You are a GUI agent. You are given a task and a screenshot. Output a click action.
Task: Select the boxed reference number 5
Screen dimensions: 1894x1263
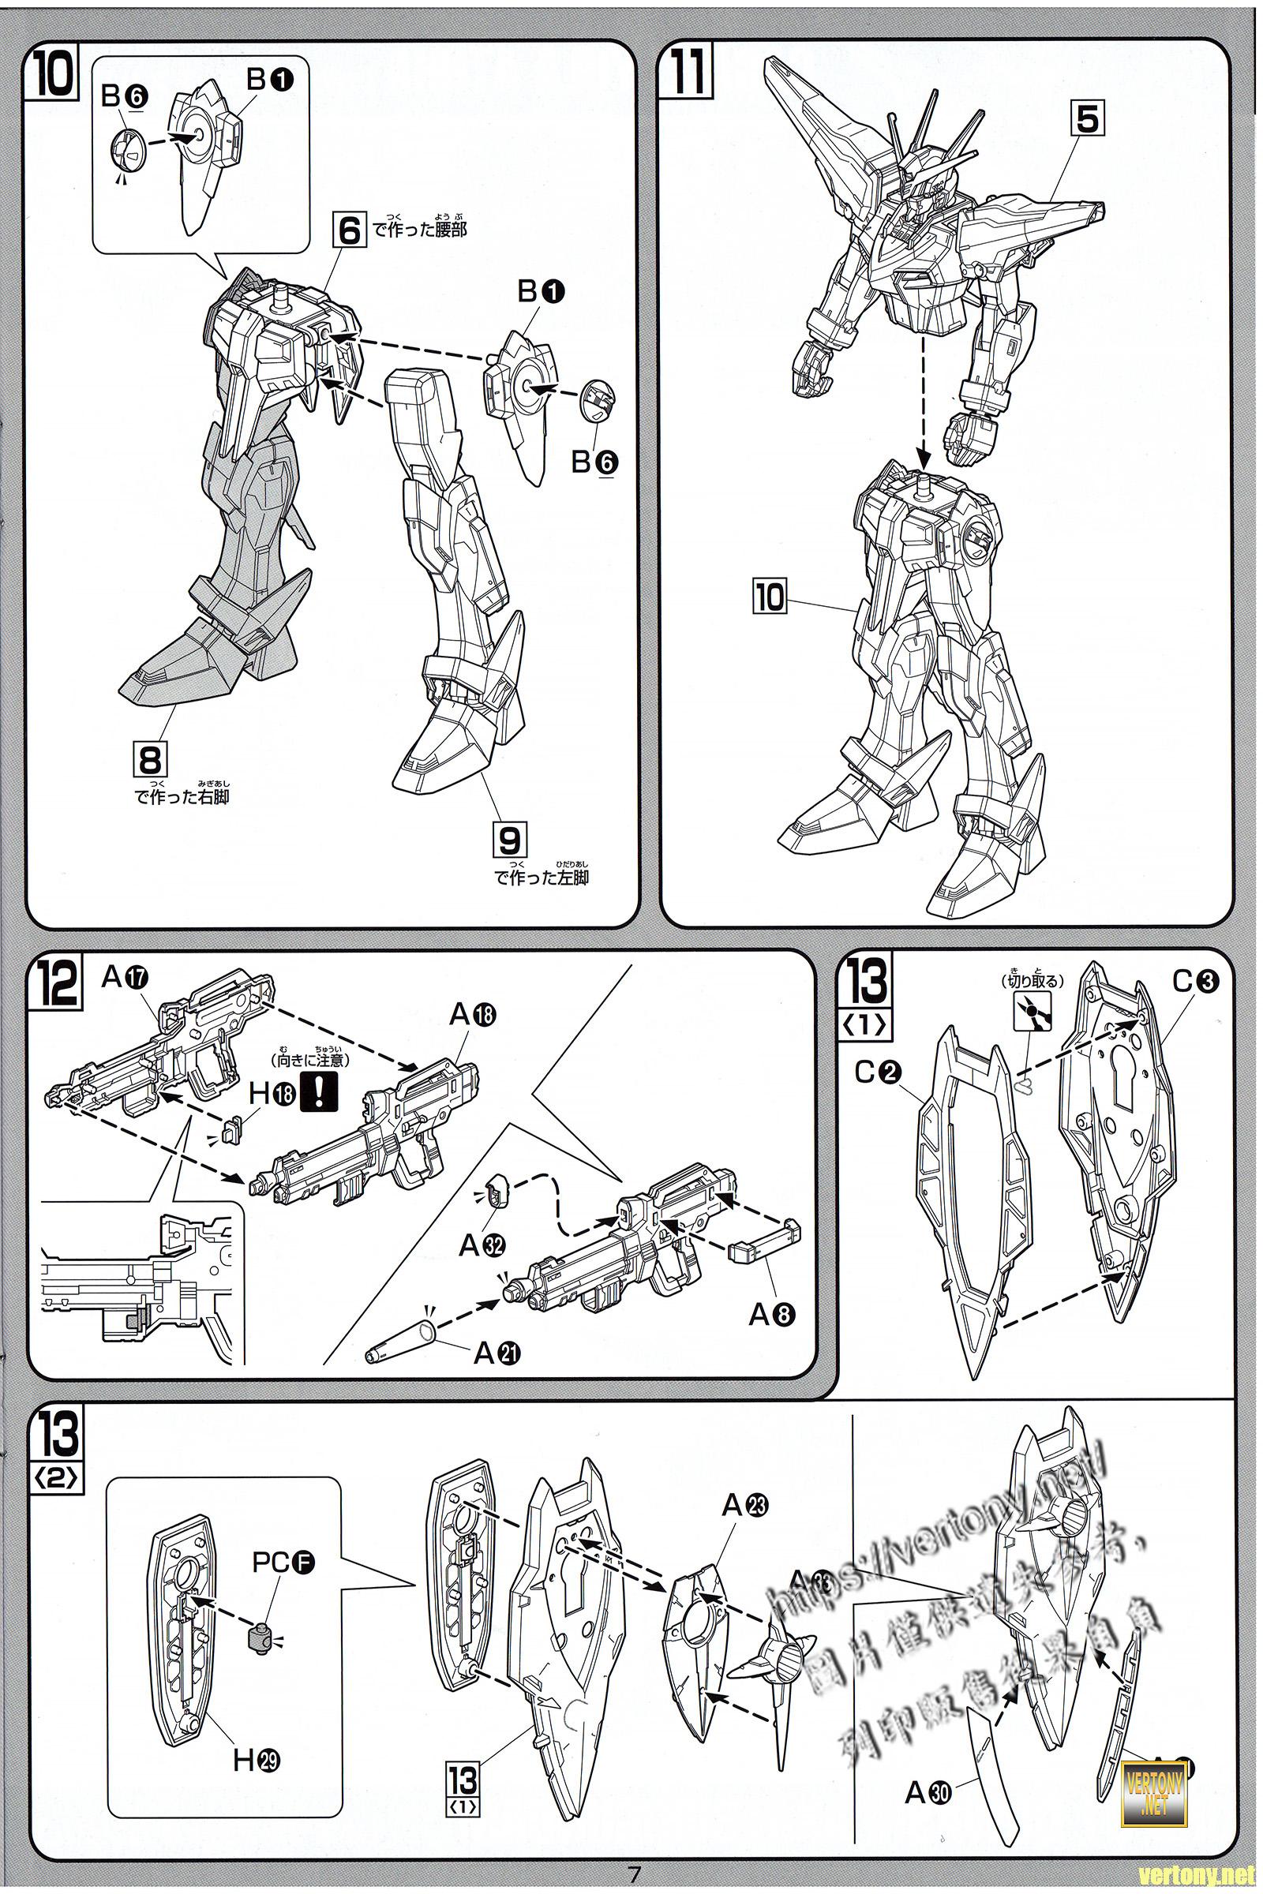click(x=1087, y=119)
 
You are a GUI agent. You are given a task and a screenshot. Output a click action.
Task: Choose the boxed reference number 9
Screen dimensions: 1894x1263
click(x=510, y=841)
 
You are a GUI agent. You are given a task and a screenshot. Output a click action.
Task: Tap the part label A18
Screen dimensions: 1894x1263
click(x=473, y=1015)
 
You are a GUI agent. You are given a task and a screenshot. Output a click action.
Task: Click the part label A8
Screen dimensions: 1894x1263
click(x=772, y=1314)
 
